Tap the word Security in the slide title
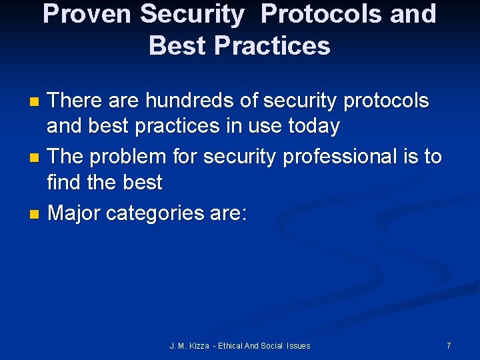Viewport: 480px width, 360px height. [194, 14]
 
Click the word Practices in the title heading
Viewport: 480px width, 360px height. [274, 45]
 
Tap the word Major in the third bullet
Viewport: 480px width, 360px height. [75, 213]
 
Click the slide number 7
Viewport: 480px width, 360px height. [449, 345]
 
